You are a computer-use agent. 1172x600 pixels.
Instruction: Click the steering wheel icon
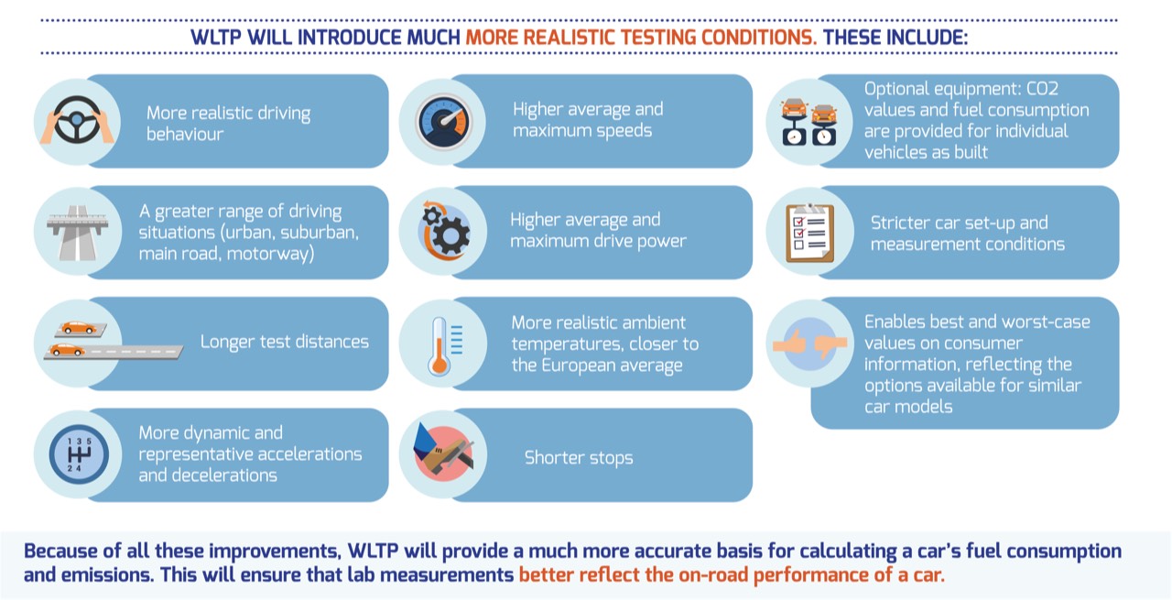click(77, 120)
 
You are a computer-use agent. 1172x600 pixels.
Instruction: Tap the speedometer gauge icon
click(444, 122)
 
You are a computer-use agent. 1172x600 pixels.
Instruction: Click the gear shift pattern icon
click(79, 454)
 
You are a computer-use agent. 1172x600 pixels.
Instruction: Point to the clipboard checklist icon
click(809, 233)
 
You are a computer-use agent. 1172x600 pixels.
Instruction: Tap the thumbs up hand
click(789, 343)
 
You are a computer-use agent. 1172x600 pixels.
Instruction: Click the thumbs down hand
click(830, 345)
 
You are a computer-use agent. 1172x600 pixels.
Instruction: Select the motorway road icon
click(78, 233)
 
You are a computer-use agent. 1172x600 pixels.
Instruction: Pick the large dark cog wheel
click(450, 235)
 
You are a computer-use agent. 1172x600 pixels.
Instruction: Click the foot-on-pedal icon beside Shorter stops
click(443, 453)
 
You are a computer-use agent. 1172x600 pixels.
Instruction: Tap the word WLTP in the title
click(215, 38)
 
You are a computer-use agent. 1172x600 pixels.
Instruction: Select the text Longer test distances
click(284, 342)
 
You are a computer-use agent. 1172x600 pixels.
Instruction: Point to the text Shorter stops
click(578, 458)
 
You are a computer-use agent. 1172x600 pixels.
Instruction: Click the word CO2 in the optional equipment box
click(1042, 89)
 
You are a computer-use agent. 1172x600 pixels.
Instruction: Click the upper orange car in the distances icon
click(79, 327)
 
